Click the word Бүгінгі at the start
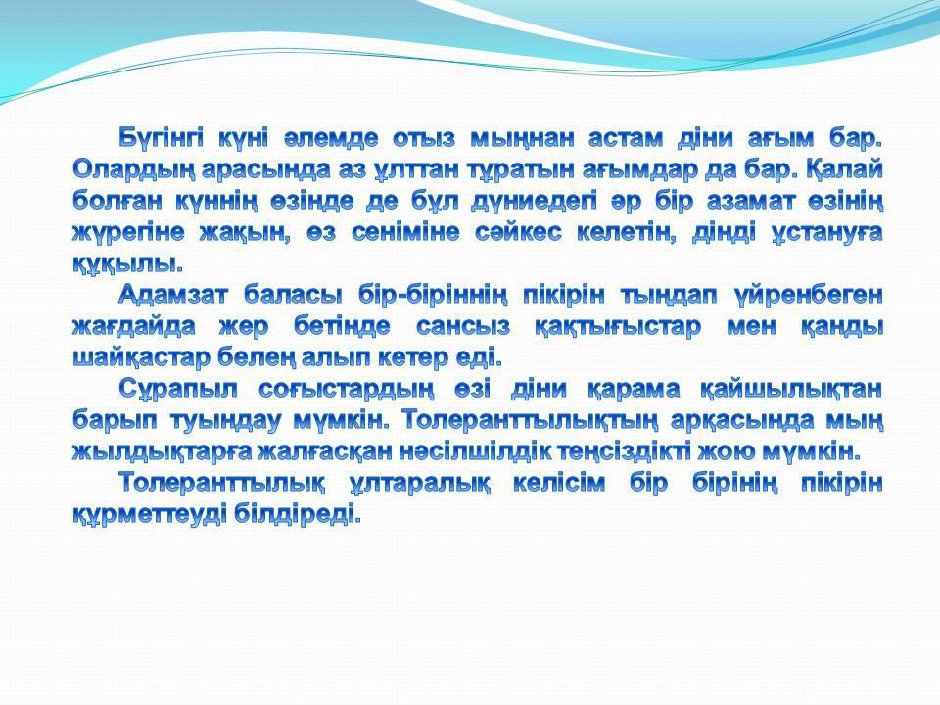click(x=161, y=138)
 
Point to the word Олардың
click(x=131, y=170)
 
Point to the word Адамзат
click(x=173, y=296)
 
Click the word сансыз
click(x=463, y=327)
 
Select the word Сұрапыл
click(x=177, y=389)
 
